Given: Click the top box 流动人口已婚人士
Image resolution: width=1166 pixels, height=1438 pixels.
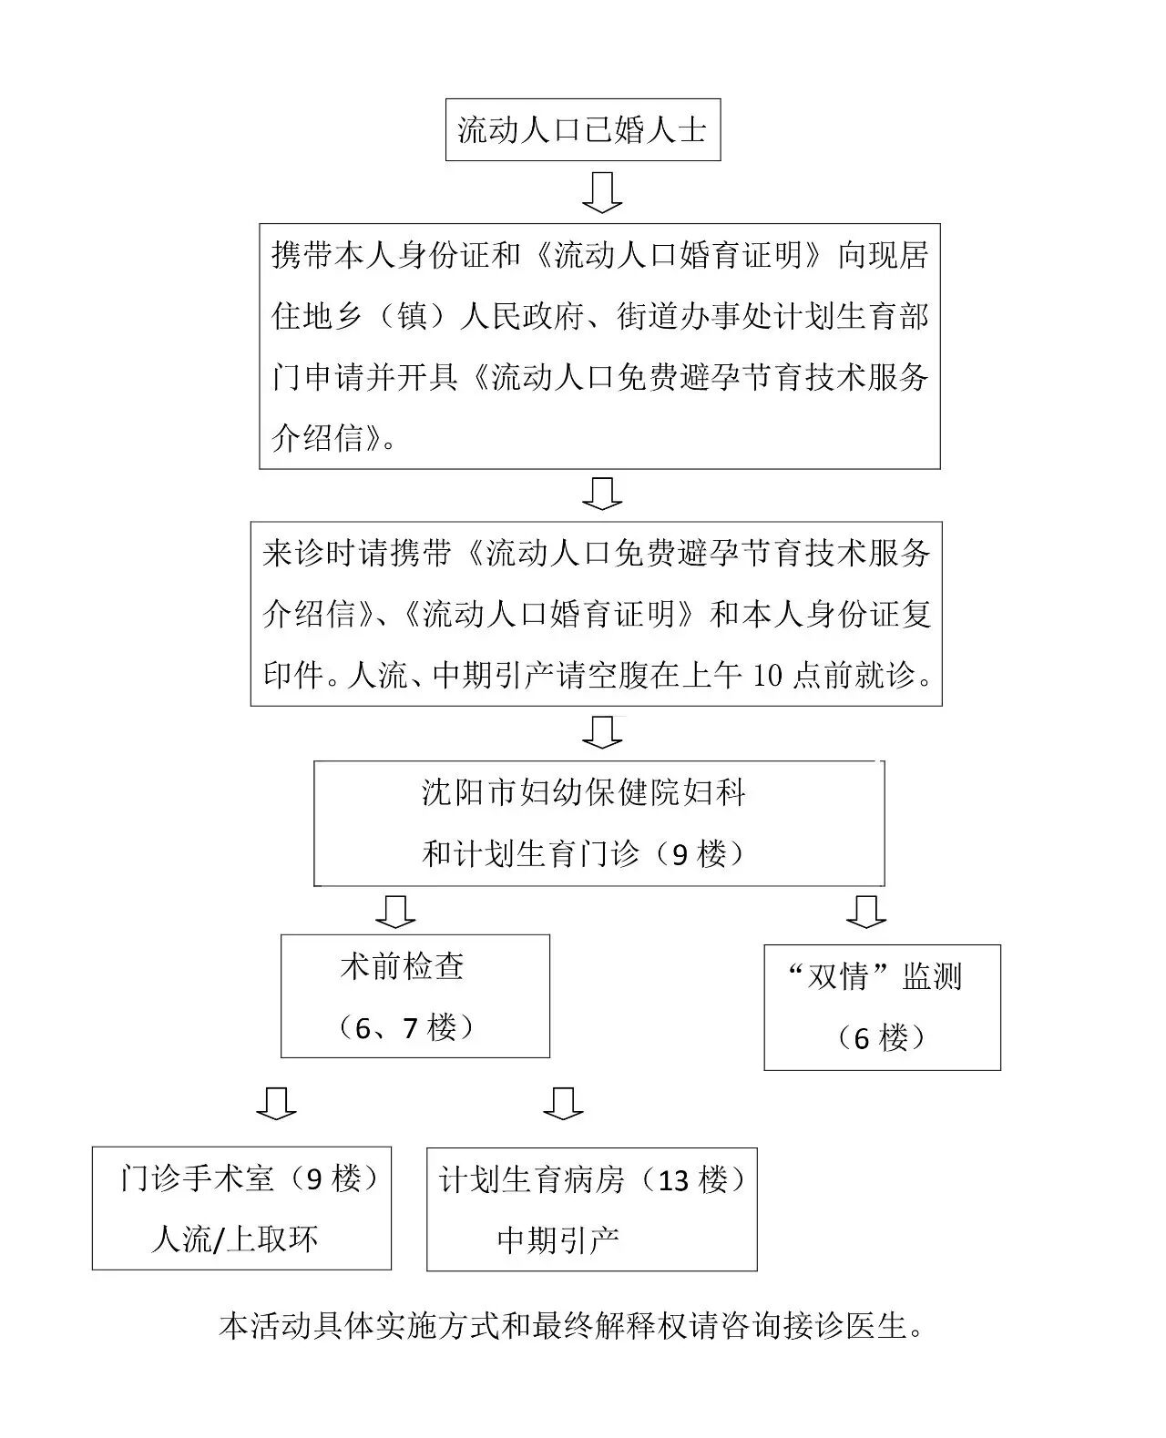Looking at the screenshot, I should pos(582,130).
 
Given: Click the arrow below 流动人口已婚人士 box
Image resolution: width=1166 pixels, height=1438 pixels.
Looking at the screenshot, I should pos(602,192).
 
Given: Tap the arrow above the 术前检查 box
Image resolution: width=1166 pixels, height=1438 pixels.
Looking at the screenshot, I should pos(395,910).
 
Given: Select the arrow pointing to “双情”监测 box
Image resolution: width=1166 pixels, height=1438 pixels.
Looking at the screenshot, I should pos(865,911).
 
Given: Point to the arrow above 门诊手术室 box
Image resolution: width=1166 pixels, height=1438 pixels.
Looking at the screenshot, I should pos(276,1103).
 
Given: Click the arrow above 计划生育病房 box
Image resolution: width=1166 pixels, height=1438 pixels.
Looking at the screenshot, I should pos(563,1103).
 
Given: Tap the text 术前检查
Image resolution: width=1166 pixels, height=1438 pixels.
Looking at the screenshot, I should pos(403,966).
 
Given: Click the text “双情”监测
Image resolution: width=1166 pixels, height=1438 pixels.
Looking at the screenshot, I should pos(874,977).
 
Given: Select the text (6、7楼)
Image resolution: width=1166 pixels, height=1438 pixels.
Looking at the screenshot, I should pos(405,1028).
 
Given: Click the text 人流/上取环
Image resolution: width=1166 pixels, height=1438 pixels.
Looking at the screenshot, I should pos(235,1239).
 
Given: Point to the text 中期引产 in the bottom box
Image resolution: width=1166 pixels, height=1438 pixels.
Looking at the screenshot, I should pos(558,1239).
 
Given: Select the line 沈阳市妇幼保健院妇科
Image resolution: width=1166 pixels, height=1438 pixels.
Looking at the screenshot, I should pos(584,792).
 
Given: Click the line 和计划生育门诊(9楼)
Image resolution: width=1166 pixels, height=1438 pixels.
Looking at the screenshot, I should pos(584,853).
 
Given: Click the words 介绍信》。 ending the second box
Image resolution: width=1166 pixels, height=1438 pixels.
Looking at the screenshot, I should pos(334,438).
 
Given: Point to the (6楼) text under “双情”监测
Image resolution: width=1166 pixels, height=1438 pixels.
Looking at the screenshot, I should pos(881,1037).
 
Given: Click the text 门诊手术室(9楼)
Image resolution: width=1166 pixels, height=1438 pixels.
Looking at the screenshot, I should pos(249,1179).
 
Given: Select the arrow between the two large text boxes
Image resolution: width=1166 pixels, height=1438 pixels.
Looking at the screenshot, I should pos(602,493).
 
